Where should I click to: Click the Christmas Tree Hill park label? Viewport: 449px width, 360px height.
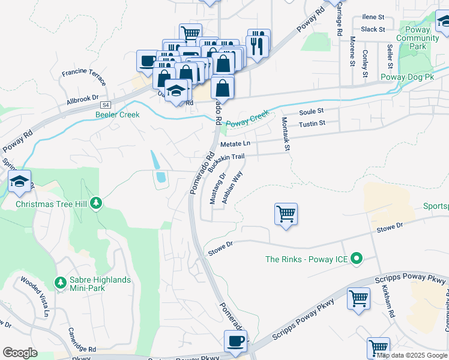[51, 204]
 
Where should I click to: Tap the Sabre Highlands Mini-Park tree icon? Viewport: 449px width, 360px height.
[60, 282]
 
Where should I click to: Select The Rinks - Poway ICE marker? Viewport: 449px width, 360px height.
[357, 259]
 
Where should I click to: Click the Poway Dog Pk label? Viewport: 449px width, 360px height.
[407, 77]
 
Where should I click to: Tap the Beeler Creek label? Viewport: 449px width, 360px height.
[117, 115]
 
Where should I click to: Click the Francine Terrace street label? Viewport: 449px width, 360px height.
[84, 77]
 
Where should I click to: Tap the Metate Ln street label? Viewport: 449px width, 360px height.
[235, 144]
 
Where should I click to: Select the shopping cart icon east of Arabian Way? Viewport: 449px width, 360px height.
[286, 214]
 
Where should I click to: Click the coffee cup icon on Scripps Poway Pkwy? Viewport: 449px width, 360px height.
[235, 341]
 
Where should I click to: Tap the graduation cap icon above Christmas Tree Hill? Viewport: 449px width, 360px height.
[20, 182]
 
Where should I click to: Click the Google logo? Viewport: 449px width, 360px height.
[20, 353]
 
